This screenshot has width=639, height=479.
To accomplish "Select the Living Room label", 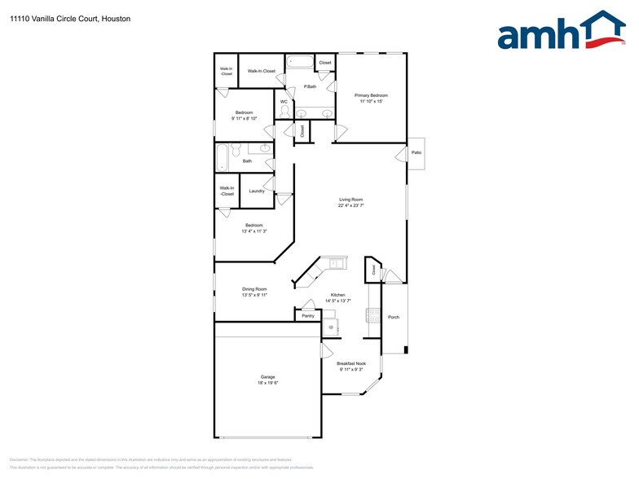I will coord(351,200).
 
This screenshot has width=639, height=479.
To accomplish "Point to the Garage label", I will coord(268,376).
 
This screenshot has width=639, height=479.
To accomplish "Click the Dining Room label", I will coord(254,288).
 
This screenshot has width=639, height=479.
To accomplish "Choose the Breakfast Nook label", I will coord(351,363).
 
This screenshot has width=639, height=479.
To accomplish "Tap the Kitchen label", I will coord(337,295).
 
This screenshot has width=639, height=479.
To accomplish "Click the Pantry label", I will coord(308,316).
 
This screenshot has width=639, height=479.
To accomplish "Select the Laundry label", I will coord(257,191).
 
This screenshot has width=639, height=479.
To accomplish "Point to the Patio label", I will coord(416,152).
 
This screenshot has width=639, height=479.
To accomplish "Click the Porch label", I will coord(394,317).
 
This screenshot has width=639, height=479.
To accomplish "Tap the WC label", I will coord(284,102).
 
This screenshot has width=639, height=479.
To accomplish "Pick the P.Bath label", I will coord(310,86).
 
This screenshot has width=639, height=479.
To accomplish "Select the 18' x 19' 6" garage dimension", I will coord(268,383).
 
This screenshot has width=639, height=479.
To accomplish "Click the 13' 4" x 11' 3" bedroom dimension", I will coord(254,231).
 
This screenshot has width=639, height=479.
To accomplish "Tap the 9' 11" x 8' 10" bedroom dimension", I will coord(245,119).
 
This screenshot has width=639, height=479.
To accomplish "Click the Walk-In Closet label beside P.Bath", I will coord(262,71).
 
